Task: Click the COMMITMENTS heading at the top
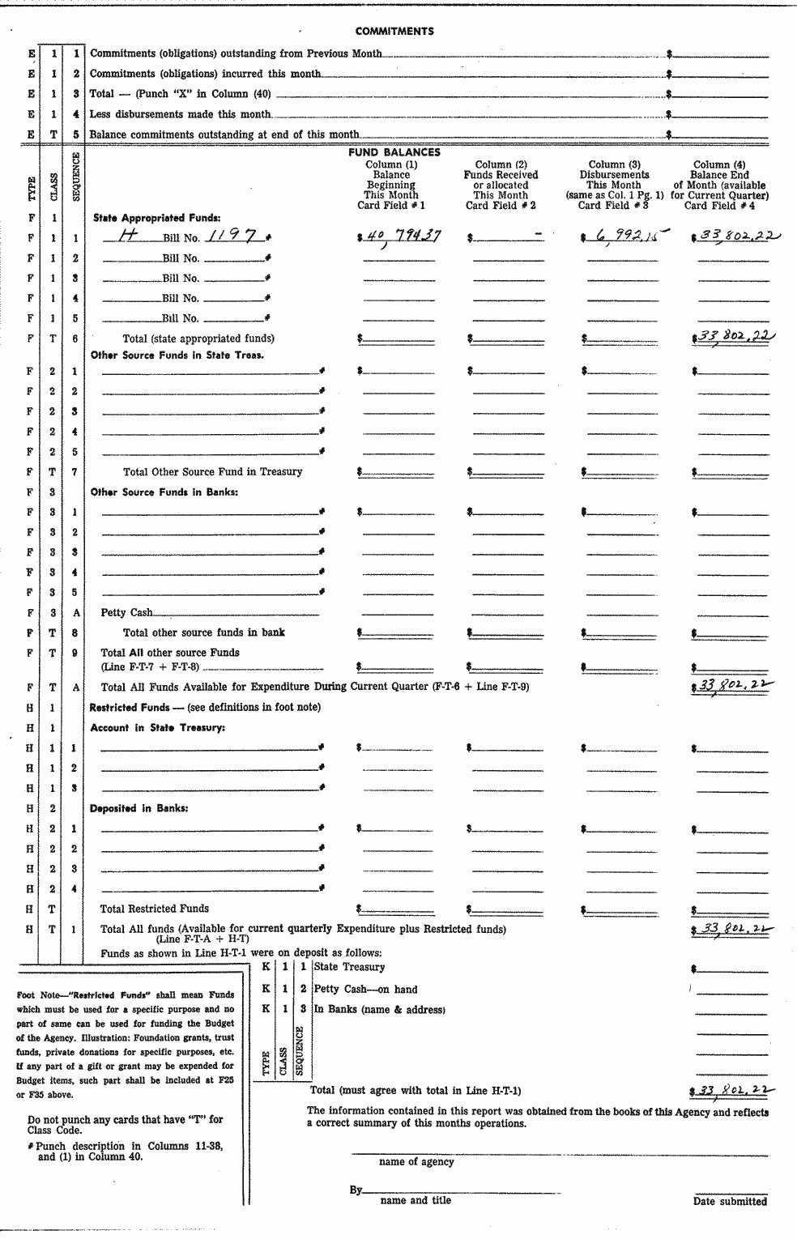(394, 32)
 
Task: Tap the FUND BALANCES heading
(394, 152)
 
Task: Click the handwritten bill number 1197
(232, 236)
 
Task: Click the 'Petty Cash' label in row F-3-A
(126, 613)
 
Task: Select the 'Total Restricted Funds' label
(154, 909)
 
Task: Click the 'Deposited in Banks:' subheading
(139, 808)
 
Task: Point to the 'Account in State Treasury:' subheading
(157, 727)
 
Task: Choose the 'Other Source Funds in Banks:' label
(164, 492)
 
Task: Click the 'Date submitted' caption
(730, 1201)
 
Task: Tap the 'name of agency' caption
(416, 1162)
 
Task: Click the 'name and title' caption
(416, 1200)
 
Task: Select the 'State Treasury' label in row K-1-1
(349, 967)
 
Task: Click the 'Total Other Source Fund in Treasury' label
(212, 472)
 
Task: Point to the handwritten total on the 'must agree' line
(731, 1090)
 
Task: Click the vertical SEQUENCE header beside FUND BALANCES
(75, 177)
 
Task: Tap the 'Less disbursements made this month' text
(180, 114)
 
